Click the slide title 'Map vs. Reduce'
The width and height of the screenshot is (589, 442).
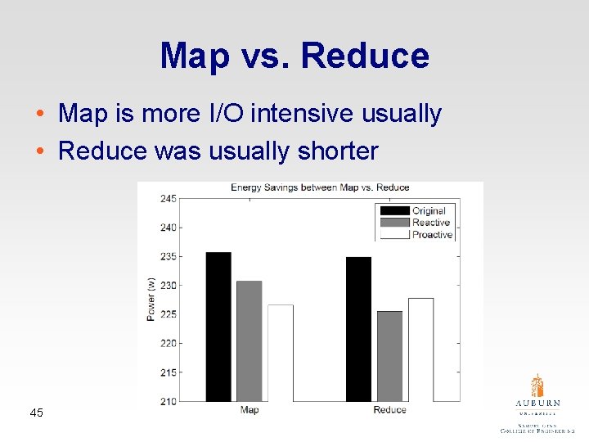[x=294, y=56]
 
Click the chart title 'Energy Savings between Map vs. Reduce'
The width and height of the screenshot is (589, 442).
[x=320, y=187]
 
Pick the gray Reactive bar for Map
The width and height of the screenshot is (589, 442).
[x=250, y=341]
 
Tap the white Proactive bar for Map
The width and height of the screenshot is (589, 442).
[x=280, y=352]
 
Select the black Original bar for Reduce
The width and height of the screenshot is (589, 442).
[x=358, y=328]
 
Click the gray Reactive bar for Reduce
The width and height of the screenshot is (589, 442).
[x=389, y=355]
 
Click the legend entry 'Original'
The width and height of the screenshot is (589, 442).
[x=429, y=210]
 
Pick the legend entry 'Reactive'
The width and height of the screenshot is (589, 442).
[x=431, y=223]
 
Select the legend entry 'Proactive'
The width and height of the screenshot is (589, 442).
[x=432, y=235]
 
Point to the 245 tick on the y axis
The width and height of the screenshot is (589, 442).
[x=168, y=199]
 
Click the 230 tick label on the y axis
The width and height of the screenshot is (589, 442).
[x=168, y=286]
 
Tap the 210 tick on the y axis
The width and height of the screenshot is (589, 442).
[x=168, y=401]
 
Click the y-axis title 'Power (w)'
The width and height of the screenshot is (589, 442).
[x=151, y=300]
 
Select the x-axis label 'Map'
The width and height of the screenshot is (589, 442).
[x=250, y=409]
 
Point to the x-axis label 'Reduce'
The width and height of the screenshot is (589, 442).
[x=389, y=409]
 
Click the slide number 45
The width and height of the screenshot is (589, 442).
[x=36, y=412]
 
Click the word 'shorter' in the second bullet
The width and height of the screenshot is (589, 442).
[x=339, y=151]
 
